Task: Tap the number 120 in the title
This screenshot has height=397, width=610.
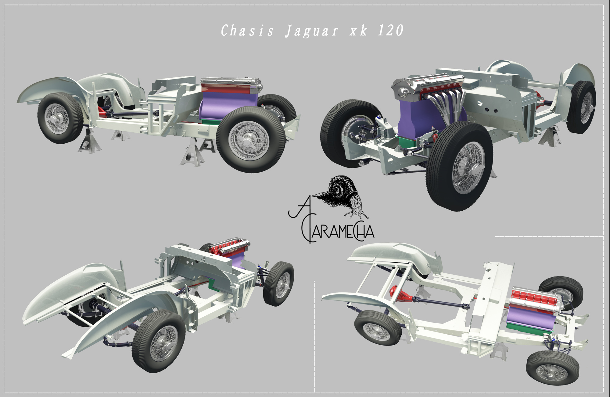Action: tap(391, 30)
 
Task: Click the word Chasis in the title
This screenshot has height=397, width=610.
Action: tap(247, 31)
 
